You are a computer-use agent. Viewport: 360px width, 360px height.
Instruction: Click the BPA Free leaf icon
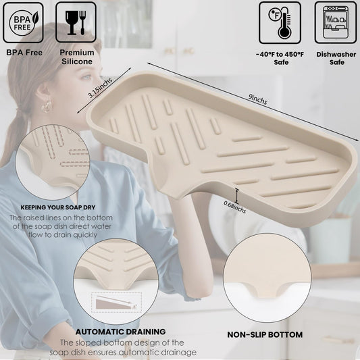tap(23, 23)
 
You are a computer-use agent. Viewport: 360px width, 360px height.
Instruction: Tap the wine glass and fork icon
tap(76, 22)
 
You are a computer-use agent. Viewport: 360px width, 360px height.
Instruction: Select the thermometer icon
tap(280, 23)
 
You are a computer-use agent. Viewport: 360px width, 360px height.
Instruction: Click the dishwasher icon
tap(336, 23)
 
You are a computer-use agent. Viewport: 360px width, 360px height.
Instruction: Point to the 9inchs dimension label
tap(257, 99)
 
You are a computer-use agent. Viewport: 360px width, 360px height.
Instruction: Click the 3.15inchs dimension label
tap(101, 88)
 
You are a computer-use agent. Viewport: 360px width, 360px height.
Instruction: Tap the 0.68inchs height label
tap(234, 207)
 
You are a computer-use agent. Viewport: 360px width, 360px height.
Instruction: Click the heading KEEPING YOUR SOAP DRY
tap(58, 207)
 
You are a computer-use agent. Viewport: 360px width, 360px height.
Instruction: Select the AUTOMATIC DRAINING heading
tap(120, 332)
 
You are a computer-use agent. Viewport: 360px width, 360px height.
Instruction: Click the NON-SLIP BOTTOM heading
tap(265, 335)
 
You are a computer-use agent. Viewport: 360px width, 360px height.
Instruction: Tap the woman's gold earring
tap(47, 106)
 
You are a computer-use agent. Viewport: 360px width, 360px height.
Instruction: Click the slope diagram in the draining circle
tap(116, 303)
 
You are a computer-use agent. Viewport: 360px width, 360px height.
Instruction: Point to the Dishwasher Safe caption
tap(336, 58)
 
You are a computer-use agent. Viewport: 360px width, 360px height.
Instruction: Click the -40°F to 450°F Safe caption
tap(280, 58)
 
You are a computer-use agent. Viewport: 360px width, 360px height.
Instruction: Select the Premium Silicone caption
tap(77, 57)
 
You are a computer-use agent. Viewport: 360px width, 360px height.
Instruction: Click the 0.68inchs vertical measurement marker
tap(237, 196)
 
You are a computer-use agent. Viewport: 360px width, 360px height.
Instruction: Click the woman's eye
tap(86, 77)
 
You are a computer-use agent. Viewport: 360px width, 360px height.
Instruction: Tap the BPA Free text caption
tap(24, 53)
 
